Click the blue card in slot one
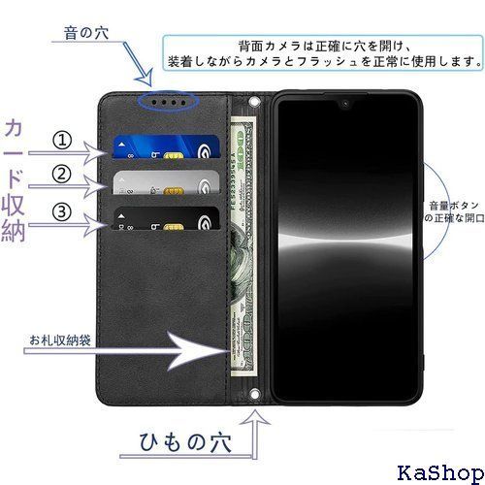[x=166, y=146]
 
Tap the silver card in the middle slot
[x=166, y=182]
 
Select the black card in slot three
[x=166, y=218]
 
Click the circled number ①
[x=62, y=141]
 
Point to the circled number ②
[x=61, y=174]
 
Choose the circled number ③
[x=61, y=211]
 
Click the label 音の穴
[x=86, y=33]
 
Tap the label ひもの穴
[x=185, y=441]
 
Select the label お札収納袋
[x=60, y=340]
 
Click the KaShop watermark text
[x=440, y=472]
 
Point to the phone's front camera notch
[x=345, y=104]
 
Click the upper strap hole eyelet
[x=255, y=102]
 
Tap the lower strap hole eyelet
[x=254, y=395]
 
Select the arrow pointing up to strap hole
[x=256, y=435]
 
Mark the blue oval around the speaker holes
[x=167, y=101]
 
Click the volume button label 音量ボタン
[x=454, y=206]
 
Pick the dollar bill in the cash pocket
[x=243, y=246]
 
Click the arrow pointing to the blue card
[x=67, y=153]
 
